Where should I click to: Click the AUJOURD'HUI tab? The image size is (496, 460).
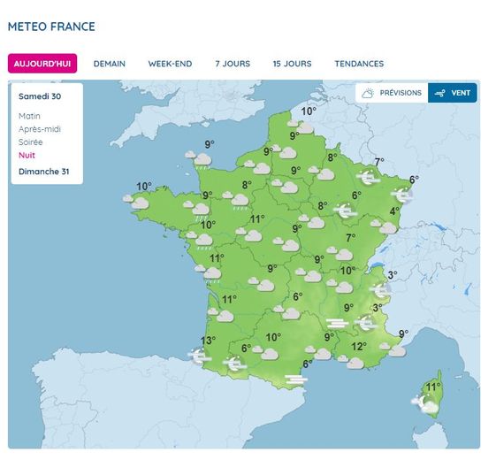pyautogui.click(x=42, y=64)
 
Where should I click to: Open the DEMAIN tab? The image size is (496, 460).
pyautogui.click(x=110, y=64)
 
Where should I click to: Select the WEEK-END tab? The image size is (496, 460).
pyautogui.click(x=170, y=64)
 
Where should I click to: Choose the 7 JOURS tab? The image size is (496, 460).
pyautogui.click(x=233, y=64)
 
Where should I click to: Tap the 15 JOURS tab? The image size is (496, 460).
pyautogui.click(x=292, y=64)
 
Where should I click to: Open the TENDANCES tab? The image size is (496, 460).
pyautogui.click(x=359, y=64)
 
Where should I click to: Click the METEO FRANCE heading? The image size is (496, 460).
pyautogui.click(x=51, y=27)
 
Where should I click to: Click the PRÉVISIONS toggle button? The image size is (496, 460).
pyautogui.click(x=392, y=93)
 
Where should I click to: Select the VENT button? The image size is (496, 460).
pyautogui.click(x=453, y=93)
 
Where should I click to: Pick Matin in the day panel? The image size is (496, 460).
pyautogui.click(x=29, y=116)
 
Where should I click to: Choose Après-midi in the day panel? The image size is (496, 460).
pyautogui.click(x=39, y=129)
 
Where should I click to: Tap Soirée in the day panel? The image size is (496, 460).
pyautogui.click(x=31, y=142)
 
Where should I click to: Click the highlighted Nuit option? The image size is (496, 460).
pyautogui.click(x=27, y=155)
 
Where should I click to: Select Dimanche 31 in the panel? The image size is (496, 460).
pyautogui.click(x=43, y=171)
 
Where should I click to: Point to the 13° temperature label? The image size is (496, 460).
pyautogui.click(x=208, y=341)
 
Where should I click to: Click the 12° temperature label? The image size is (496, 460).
pyautogui.click(x=358, y=347)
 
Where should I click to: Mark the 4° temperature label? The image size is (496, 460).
pyautogui.click(x=393, y=211)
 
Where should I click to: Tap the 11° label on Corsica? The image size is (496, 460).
pyautogui.click(x=433, y=387)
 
